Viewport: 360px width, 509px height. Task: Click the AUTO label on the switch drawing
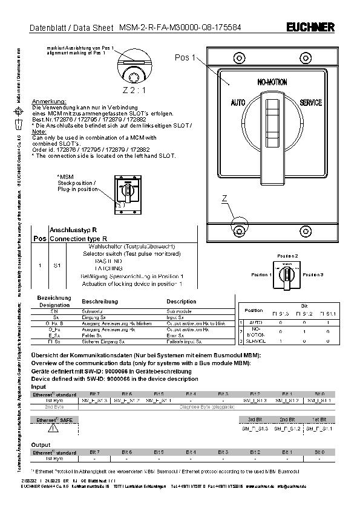[x=238, y=103]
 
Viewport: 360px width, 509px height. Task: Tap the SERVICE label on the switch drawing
[x=310, y=103]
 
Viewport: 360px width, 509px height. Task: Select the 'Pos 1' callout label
[x=186, y=58]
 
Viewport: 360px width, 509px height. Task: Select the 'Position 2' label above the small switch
[x=287, y=256]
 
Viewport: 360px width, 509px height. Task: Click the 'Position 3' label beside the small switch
[x=313, y=275]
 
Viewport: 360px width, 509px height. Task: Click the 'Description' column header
[x=182, y=301]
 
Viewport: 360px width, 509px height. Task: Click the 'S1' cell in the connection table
[x=56, y=265]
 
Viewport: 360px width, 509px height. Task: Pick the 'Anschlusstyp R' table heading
[x=73, y=231]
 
